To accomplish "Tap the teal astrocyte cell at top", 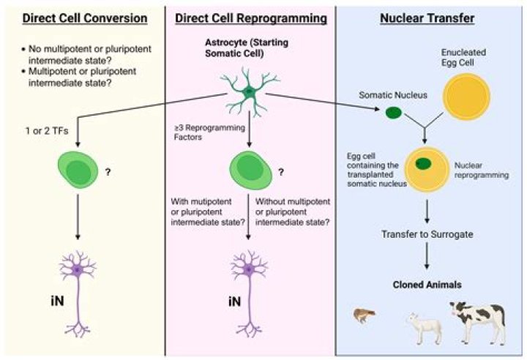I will pyautogui.click(x=250, y=91).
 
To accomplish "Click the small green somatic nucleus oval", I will pyautogui.click(x=393, y=113).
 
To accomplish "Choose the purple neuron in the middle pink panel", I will pyautogui.click(x=250, y=278).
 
